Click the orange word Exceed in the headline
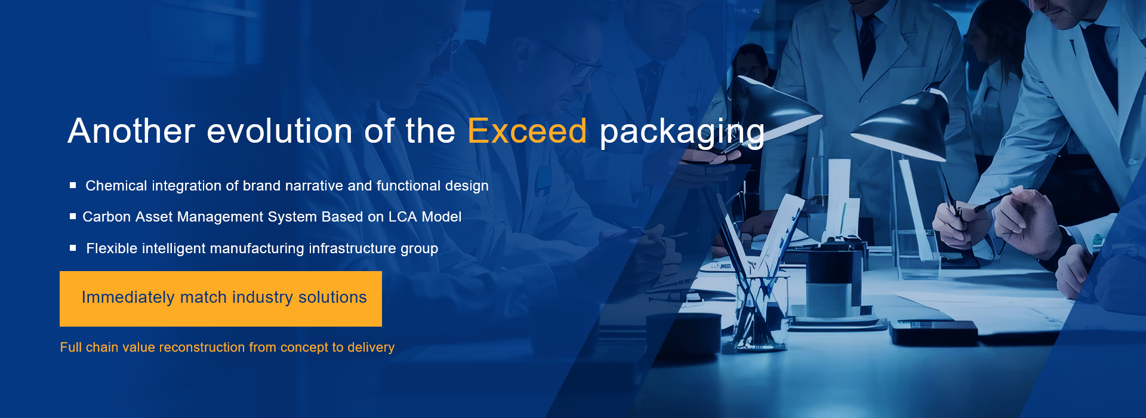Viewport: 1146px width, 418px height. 527,131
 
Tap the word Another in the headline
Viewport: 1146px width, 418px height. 131,131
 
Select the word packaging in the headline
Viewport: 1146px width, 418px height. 682,133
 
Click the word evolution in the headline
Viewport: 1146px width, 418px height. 279,131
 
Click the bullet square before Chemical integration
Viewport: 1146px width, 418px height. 73,185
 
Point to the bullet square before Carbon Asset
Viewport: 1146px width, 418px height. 73,216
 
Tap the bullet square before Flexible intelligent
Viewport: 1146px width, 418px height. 73,248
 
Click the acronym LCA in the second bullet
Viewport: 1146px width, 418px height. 403,217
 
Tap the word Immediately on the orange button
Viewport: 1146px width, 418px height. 128,297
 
